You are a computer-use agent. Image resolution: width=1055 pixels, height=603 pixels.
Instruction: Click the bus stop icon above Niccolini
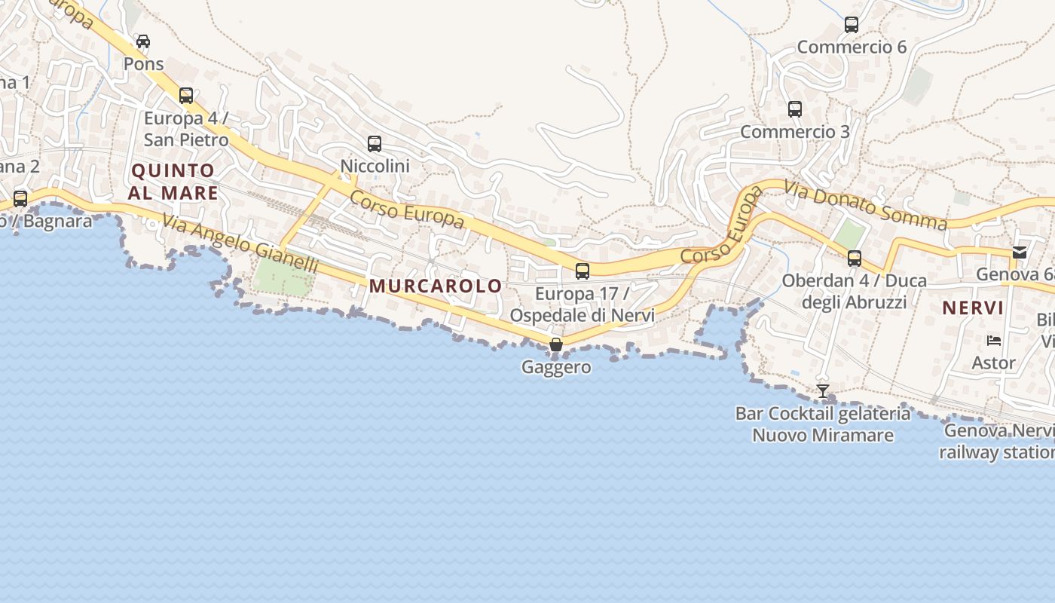[x=374, y=143]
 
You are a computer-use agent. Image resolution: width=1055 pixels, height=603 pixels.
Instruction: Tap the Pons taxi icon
[x=143, y=41]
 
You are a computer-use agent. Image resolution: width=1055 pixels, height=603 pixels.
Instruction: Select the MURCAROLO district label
[x=435, y=286]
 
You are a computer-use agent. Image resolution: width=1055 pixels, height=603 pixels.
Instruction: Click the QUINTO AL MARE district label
[x=173, y=182]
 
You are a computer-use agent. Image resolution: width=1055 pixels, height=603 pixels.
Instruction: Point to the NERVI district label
[x=973, y=308]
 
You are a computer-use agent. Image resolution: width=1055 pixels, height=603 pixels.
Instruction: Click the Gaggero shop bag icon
[x=556, y=345]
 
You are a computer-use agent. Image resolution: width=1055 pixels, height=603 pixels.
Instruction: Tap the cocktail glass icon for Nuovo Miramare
[x=823, y=390]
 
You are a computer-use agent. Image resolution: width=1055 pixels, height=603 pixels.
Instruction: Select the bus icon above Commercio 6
[x=852, y=25]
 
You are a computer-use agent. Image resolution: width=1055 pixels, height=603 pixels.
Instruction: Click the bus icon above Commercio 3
[x=794, y=109]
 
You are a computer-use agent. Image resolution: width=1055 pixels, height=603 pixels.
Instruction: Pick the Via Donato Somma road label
[x=865, y=205]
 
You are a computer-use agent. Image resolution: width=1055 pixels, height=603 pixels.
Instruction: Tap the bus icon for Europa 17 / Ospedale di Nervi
[x=582, y=271]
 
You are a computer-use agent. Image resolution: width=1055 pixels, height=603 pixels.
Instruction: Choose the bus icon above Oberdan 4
[x=854, y=259]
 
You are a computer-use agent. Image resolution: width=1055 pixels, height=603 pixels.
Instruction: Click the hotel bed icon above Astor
[x=994, y=341]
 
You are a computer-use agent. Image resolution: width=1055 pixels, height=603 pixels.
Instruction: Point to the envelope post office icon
[x=1020, y=253]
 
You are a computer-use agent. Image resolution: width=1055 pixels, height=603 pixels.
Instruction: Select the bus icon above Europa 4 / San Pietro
[x=186, y=96]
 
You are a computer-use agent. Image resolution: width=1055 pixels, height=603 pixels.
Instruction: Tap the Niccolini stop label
[x=375, y=165]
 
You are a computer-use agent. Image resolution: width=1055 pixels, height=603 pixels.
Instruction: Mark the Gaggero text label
[x=556, y=367]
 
